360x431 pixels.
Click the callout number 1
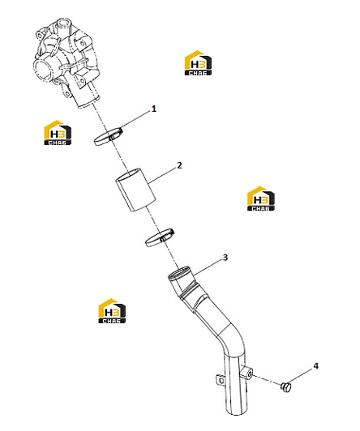click(x=154, y=109)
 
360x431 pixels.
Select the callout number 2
click(x=179, y=165)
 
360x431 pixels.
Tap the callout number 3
click(x=225, y=258)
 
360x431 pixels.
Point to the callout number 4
click(x=315, y=366)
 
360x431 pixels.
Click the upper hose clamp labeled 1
click(x=108, y=137)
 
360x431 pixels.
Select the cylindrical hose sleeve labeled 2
click(x=135, y=190)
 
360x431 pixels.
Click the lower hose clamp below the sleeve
click(x=160, y=237)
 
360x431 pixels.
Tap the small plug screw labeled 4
click(x=286, y=387)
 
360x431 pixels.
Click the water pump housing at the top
click(x=66, y=62)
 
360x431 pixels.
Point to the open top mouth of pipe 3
click(x=179, y=273)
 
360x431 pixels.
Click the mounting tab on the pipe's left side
click(x=220, y=380)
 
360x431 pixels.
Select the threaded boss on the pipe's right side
click(x=247, y=372)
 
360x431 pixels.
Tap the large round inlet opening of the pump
click(x=44, y=68)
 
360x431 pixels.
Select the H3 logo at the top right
click(x=198, y=63)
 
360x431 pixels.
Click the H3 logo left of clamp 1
click(x=58, y=133)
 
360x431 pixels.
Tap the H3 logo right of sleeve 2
click(x=261, y=198)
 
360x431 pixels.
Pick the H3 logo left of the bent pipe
click(x=112, y=311)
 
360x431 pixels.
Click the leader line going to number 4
click(x=300, y=376)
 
